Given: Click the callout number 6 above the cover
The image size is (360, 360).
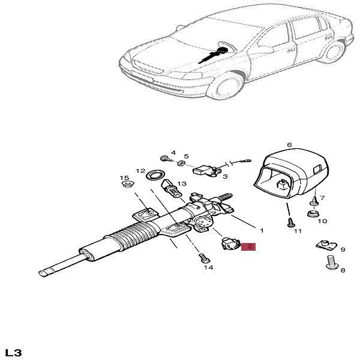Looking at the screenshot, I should [289, 145].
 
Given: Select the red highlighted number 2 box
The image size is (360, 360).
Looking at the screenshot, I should [248, 246].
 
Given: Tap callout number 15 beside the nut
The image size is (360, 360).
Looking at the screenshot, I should [124, 178].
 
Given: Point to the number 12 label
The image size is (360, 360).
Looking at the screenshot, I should [140, 170].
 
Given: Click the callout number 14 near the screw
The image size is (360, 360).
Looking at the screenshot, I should [208, 268].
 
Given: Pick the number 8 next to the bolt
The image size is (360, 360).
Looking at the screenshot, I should [343, 271].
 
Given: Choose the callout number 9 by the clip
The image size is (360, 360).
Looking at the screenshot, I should [343, 250].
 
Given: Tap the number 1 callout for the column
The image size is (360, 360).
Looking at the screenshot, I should [262, 230].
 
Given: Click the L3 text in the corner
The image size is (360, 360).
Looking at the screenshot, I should [13, 352].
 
